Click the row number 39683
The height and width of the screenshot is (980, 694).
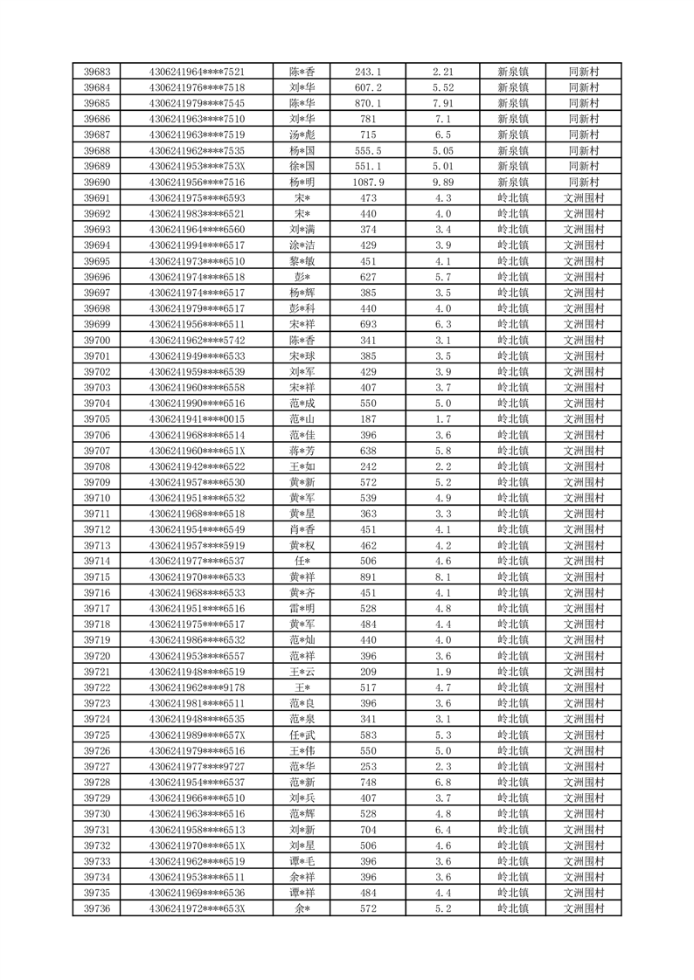(x=97, y=72)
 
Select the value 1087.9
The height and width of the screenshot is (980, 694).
(x=367, y=182)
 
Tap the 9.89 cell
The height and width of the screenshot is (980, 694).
(x=442, y=182)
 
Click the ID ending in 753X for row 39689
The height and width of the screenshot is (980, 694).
(x=197, y=166)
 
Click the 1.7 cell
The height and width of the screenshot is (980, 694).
(x=442, y=418)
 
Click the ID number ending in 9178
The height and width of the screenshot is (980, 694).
(x=197, y=687)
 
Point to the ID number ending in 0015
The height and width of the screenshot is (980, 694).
(x=197, y=418)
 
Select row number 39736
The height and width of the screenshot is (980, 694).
(x=97, y=908)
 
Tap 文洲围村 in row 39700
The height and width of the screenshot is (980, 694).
(x=583, y=340)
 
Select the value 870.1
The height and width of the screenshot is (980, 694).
(x=367, y=103)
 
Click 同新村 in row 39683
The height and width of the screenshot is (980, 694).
(x=583, y=72)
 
